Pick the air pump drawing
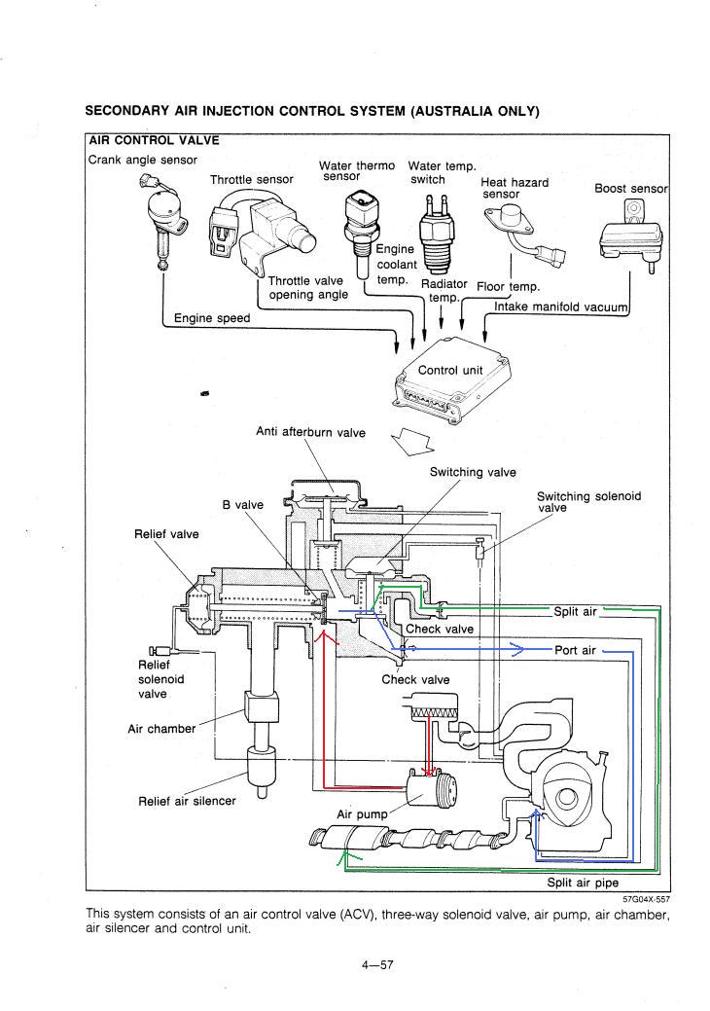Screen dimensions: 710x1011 point(431,786)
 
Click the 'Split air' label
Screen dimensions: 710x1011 point(576,612)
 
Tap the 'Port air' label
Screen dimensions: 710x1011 point(576,651)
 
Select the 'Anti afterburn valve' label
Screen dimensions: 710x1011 point(310,432)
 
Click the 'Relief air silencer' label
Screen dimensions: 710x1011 point(187,801)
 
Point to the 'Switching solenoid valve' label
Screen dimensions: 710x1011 point(588,502)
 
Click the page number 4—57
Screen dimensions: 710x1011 point(377,964)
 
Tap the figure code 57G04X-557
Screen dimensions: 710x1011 point(646,899)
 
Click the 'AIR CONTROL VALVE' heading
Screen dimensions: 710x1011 point(154,140)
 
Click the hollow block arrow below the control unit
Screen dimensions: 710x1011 point(413,442)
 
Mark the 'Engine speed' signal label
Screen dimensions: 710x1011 point(212,318)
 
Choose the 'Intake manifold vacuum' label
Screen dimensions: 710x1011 point(560,307)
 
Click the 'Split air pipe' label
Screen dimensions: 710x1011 point(583,883)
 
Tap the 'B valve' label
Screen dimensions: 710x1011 point(243,505)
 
